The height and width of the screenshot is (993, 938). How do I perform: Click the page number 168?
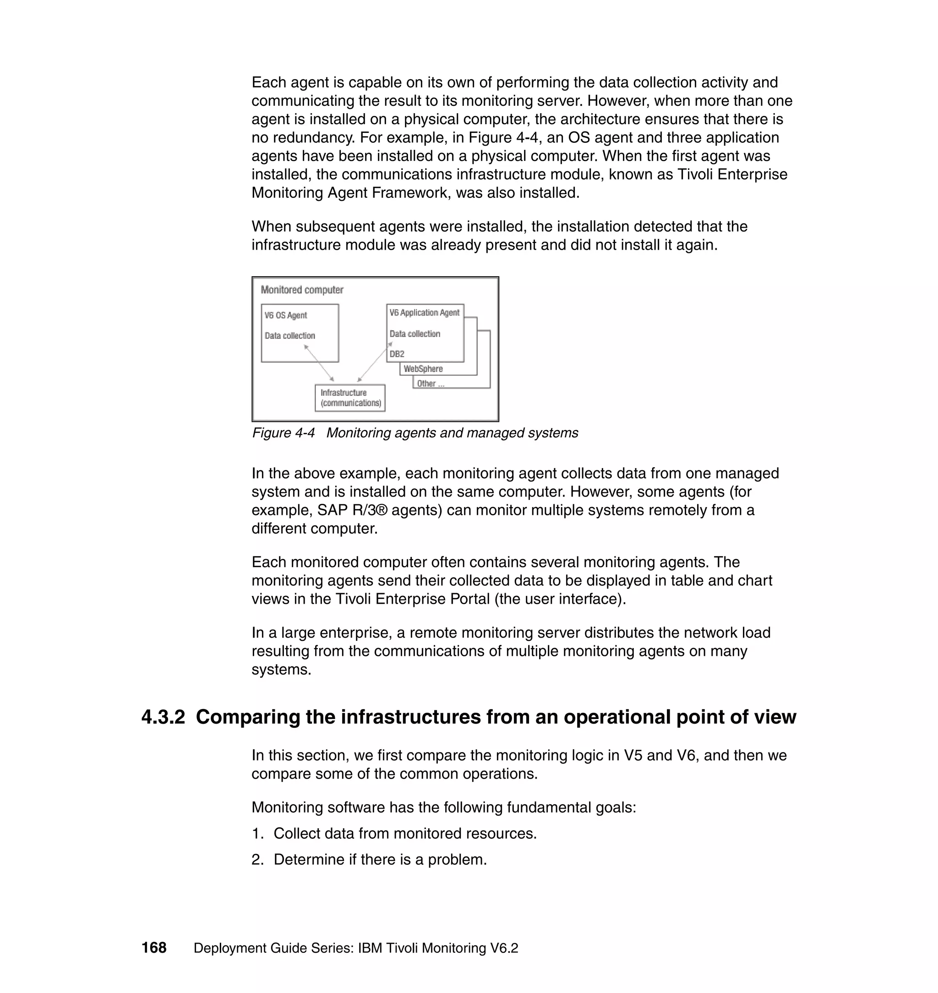(x=154, y=948)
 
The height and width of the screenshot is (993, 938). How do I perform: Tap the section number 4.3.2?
(x=163, y=717)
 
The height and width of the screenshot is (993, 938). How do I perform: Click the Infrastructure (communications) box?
(x=350, y=398)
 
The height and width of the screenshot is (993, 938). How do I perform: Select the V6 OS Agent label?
(x=285, y=316)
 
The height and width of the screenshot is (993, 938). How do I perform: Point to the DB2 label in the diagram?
(x=397, y=354)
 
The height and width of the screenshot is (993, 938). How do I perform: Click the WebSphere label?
(x=423, y=369)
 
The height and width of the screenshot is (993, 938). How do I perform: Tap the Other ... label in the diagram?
(x=431, y=383)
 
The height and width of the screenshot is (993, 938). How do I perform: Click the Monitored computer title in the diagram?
(x=302, y=290)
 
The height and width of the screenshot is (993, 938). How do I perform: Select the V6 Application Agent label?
(x=425, y=312)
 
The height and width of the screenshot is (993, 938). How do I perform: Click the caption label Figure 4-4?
(x=284, y=433)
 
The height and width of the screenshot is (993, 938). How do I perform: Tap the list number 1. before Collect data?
(x=257, y=834)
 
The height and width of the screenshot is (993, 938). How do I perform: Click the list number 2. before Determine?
(x=257, y=860)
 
